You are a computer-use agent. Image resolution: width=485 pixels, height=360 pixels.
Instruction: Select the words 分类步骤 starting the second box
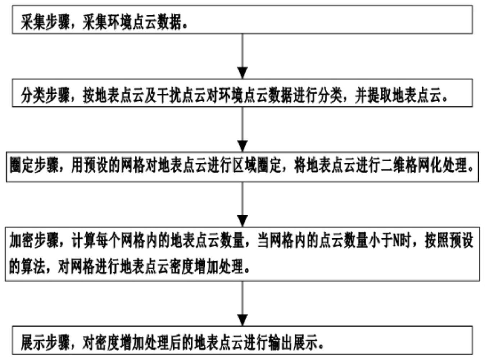click(45, 96)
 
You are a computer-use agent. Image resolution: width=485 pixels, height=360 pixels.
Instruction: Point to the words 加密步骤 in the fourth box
click(34, 241)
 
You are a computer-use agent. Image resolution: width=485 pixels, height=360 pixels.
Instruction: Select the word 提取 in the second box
click(380, 96)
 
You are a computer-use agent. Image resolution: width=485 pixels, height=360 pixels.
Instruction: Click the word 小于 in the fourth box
click(380, 241)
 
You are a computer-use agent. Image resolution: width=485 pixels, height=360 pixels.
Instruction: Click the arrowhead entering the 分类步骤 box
click(242, 73)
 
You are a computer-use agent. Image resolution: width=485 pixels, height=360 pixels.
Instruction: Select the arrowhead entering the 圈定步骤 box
click(242, 146)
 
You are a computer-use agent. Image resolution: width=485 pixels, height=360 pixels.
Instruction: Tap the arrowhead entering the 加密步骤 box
click(242, 221)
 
